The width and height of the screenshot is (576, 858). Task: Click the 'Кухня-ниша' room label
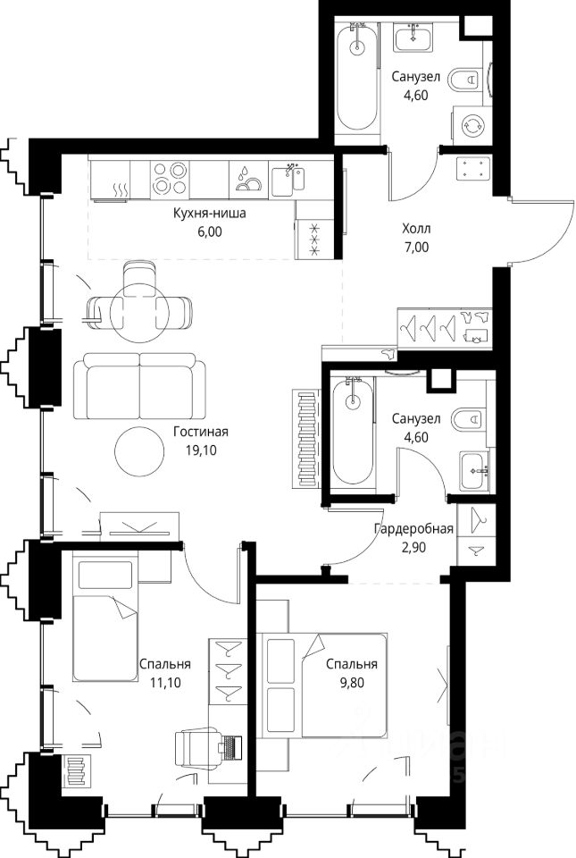(x=209, y=214)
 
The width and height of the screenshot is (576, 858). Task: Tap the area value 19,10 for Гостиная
(x=201, y=450)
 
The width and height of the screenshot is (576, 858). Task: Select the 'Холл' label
(x=416, y=228)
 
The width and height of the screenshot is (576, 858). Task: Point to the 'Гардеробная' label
(x=413, y=528)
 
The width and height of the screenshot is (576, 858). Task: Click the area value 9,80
(x=351, y=682)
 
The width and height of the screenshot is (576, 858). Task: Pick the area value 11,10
(x=165, y=682)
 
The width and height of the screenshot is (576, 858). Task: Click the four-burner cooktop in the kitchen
(x=170, y=179)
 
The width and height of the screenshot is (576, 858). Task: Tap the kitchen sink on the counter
(x=288, y=180)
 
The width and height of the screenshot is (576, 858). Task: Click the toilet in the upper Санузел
(x=465, y=81)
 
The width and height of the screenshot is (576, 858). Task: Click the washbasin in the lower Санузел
(x=474, y=471)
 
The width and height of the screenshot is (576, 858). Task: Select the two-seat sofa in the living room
(x=139, y=387)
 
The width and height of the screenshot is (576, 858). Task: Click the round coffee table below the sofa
(x=139, y=450)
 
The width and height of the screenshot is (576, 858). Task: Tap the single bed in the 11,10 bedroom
(x=104, y=619)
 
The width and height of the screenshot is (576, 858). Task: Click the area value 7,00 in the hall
(x=416, y=247)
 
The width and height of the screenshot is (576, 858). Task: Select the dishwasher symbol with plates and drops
(x=248, y=179)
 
